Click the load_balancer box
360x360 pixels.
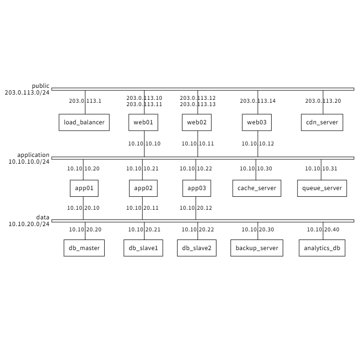tap(84, 122)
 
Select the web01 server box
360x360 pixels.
tap(143, 122)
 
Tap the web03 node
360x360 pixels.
tap(257, 122)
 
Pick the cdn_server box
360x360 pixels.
tap(322, 122)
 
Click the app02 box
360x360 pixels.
tap(143, 188)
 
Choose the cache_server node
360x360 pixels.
tap(257, 188)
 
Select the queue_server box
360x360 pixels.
tap(322, 188)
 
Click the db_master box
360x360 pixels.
tap(84, 248)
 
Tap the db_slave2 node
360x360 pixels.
tap(197, 248)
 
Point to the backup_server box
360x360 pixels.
tap(257, 248)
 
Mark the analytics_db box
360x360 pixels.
tap(322, 248)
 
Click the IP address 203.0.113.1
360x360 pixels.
tap(85, 101)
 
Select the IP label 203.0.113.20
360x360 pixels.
tap(323, 101)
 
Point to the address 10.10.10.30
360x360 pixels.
tap(256, 168)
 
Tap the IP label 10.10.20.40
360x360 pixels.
tap(323, 229)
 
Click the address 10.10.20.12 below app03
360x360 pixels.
tap(196, 208)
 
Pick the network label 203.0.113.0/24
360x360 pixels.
tap(27, 93)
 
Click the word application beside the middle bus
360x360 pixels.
tap(33, 155)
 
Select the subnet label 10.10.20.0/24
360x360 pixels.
tap(29, 224)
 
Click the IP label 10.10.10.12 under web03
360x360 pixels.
tap(258, 144)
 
